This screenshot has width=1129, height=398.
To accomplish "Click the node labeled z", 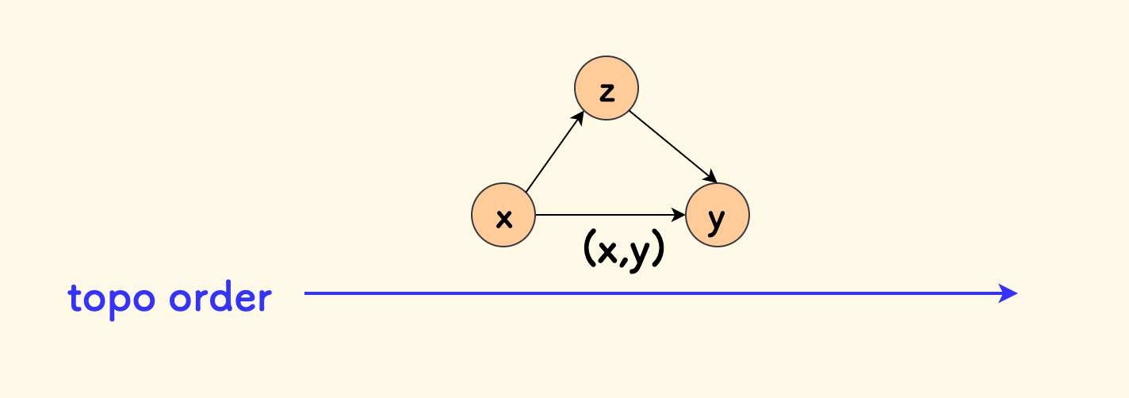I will tap(607, 88).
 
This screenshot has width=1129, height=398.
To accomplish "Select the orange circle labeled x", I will tap(503, 215).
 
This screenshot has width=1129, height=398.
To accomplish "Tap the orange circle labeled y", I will tap(718, 215).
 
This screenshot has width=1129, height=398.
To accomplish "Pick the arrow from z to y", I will tap(672, 146).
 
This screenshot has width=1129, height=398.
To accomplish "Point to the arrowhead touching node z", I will tap(580, 116).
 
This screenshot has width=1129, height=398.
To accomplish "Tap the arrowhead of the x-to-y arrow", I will tap(680, 215).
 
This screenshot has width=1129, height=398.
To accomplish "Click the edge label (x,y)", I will tap(623, 251).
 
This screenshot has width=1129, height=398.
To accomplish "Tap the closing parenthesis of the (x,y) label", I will tap(657, 251).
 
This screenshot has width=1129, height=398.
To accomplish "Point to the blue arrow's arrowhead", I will tap(1009, 293).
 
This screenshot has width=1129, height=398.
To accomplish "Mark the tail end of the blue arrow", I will tap(306, 293).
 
